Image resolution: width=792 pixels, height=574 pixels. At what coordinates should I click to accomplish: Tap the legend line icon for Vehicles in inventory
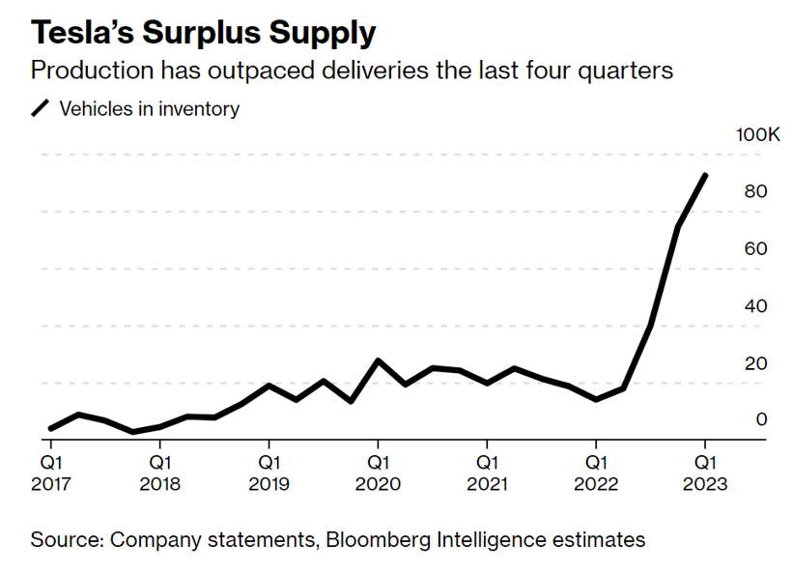[41, 109]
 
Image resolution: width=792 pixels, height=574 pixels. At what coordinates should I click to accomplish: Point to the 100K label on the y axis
[757, 134]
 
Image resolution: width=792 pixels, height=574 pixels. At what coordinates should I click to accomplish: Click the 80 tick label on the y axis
[756, 191]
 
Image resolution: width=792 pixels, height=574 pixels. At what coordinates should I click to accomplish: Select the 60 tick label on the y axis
[756, 248]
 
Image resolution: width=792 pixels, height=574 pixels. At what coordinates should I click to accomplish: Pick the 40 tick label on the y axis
[756, 306]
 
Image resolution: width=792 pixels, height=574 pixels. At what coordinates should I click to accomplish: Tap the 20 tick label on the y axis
[756, 363]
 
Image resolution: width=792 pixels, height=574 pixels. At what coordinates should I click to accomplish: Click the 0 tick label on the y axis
[761, 419]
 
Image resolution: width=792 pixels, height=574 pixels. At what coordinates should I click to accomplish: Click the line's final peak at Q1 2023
[705, 176]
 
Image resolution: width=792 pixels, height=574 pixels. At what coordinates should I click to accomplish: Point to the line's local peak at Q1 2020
[379, 360]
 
